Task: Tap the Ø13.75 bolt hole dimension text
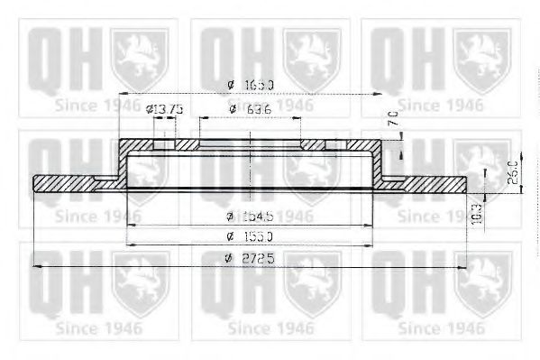pyautogui.click(x=165, y=109)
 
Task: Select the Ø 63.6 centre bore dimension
pyautogui.click(x=250, y=109)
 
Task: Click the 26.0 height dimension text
pyautogui.click(x=512, y=169)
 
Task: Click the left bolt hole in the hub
pyautogui.click(x=164, y=144)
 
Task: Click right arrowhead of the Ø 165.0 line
pyautogui.click(x=381, y=94)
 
